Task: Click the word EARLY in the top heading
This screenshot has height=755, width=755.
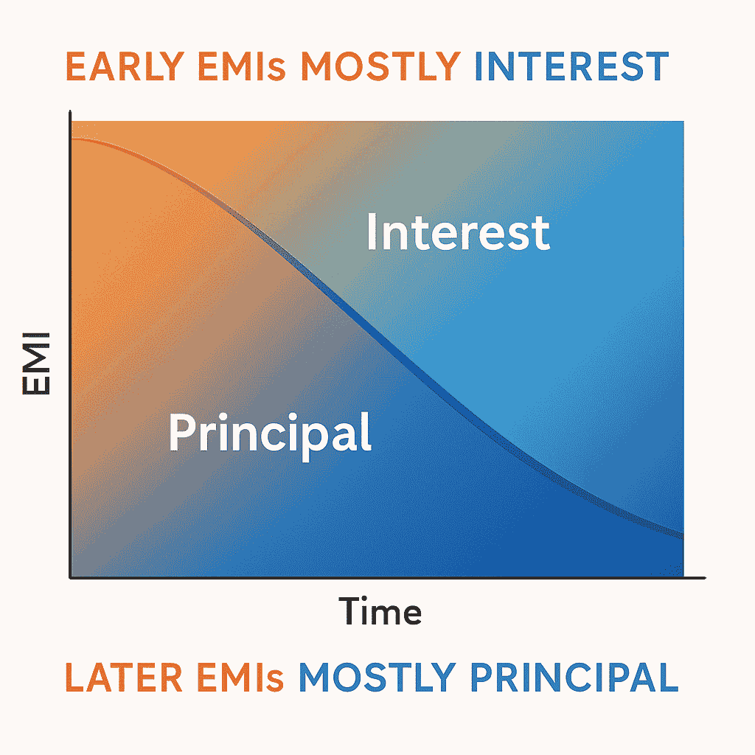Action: coord(125,66)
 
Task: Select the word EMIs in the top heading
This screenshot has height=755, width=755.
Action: coord(242,66)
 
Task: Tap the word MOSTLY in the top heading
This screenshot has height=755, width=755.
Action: coord(381,66)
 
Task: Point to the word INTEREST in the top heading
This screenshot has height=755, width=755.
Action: coord(571,66)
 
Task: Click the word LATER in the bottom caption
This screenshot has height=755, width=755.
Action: coord(124,678)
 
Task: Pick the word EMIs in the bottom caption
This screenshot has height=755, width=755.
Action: coord(240,678)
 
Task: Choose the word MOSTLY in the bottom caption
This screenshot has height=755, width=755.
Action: coord(377,678)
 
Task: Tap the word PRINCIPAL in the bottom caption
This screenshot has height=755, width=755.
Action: coord(574,678)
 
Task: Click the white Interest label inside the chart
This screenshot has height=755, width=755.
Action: coord(458,232)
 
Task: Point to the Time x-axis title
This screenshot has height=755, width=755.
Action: coord(380,610)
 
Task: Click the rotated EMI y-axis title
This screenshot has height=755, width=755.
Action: coord(37,363)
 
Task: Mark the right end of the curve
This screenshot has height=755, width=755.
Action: coord(683,535)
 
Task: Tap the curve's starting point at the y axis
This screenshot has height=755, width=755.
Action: coord(72,139)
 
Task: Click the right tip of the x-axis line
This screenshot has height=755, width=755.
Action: coord(705,578)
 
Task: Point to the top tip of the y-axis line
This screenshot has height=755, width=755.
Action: coord(70,111)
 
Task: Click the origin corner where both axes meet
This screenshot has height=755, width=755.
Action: coord(70,577)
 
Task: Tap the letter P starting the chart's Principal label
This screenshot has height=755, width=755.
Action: coord(181,432)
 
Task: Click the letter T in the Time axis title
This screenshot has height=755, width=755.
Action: coord(350,610)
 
